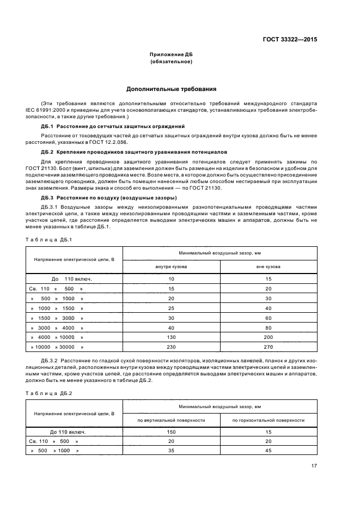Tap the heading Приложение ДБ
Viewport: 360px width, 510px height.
coord(172,55)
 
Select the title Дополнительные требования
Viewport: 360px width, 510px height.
coord(172,88)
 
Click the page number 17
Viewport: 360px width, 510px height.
coord(314,465)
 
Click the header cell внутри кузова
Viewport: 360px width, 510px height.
coord(172,267)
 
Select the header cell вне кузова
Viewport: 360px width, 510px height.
coord(269,267)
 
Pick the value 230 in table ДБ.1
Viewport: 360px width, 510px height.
coord(172,347)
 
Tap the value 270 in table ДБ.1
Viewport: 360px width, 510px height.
coord(269,347)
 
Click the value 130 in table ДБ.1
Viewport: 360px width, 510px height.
coord(172,337)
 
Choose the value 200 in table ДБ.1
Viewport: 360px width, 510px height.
coord(269,337)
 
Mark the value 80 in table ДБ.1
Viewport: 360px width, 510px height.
coord(269,327)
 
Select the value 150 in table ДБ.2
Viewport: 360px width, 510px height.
coord(172,432)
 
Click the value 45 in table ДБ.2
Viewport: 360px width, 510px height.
coord(269,451)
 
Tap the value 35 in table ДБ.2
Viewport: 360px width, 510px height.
coord(172,451)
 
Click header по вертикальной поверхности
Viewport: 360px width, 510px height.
coord(172,420)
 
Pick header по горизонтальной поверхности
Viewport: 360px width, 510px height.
coord(269,420)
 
